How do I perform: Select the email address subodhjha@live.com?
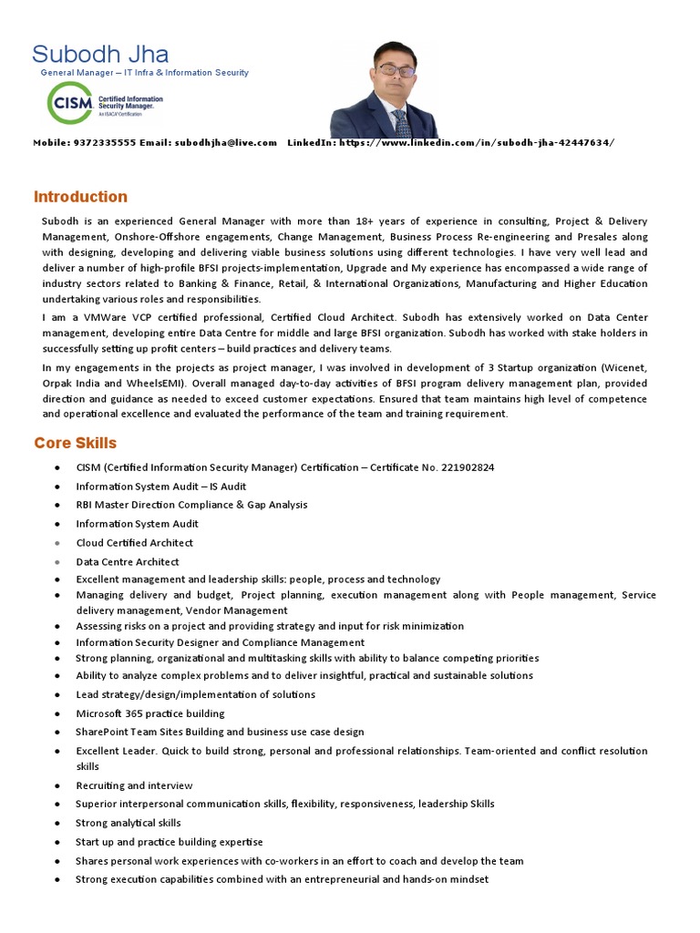[226, 143]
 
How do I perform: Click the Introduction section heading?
[80, 197]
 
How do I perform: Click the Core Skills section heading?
[76, 443]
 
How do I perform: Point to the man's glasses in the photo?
[396, 70]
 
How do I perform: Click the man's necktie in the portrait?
[400, 121]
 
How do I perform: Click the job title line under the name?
[144, 73]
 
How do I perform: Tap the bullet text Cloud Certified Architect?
[135, 543]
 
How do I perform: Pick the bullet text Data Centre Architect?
[128, 562]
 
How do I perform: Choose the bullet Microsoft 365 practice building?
[150, 713]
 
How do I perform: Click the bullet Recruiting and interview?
[134, 785]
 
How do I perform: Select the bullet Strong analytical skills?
[129, 823]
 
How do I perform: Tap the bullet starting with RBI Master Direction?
[191, 505]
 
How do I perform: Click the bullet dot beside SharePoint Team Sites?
[57, 733]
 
